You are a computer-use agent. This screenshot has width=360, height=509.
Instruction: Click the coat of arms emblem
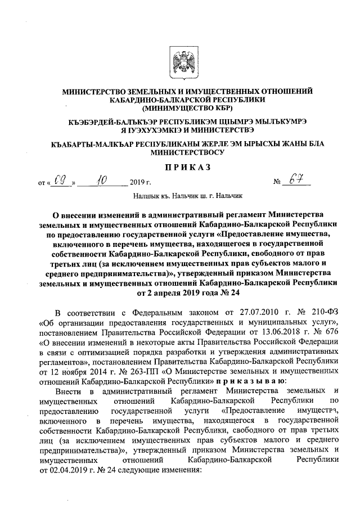[181, 62]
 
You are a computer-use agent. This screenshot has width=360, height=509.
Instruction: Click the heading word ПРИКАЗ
[181, 167]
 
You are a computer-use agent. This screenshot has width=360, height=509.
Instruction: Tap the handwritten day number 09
[61, 182]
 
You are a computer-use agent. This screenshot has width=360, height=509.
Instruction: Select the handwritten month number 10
[102, 182]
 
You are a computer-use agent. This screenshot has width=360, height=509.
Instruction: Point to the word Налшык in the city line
[146, 197]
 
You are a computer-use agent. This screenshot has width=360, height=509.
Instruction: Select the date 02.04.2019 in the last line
[70, 470]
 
